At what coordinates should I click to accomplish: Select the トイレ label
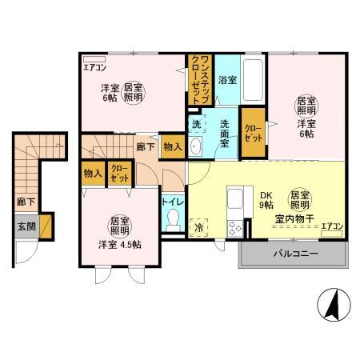(173, 202)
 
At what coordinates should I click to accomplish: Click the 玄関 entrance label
(26, 224)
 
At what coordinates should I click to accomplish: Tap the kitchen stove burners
(235, 229)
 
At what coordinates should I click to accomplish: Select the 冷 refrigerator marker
(198, 227)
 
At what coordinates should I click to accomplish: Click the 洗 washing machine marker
(196, 125)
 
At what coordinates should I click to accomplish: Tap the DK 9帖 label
(265, 198)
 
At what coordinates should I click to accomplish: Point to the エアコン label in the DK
(332, 226)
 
